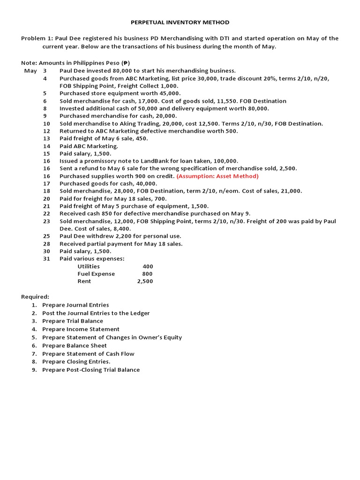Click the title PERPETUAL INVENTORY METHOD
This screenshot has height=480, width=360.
tap(180, 22)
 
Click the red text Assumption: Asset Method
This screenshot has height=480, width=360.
tap(217, 176)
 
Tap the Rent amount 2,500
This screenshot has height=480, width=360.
tap(145, 281)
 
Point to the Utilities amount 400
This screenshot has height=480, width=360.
tap(148, 266)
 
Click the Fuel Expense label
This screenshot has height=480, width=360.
tap(96, 274)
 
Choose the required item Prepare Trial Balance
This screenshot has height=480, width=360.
tap(73, 321)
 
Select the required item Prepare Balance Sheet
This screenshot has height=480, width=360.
tap(75, 345)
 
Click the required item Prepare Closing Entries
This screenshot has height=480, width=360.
tap(76, 361)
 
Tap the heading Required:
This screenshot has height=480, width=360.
tap(35, 297)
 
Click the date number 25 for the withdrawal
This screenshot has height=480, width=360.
tap(46, 236)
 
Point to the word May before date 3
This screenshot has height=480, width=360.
tap(30, 70)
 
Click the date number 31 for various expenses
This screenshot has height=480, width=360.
tap(46, 259)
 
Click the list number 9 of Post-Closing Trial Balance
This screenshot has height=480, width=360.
tap(34, 370)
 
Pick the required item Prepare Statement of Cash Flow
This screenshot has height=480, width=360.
tap(88, 354)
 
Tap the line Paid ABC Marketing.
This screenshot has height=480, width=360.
tap(89, 146)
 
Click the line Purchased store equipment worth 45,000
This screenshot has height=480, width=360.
tap(120, 93)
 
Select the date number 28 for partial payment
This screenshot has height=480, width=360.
tap(46, 244)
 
